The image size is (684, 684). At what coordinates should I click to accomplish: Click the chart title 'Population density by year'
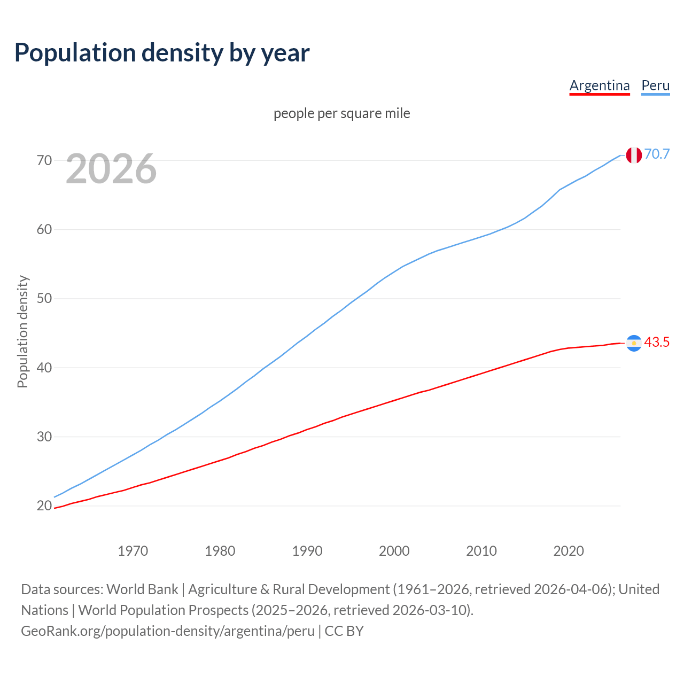click(162, 53)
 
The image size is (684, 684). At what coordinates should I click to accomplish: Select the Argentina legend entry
click(599, 85)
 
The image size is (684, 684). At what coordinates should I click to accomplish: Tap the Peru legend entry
click(655, 85)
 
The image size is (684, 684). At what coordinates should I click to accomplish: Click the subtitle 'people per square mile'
click(341, 113)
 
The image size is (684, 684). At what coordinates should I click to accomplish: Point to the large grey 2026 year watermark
click(111, 169)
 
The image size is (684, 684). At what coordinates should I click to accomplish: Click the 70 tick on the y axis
click(44, 160)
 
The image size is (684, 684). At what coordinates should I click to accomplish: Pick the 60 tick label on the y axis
click(44, 229)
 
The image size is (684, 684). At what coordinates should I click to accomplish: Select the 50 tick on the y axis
click(44, 298)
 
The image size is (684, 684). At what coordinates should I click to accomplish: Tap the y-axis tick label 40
click(44, 368)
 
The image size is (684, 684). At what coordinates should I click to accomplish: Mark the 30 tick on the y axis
click(44, 437)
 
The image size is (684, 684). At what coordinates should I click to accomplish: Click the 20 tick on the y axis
click(44, 506)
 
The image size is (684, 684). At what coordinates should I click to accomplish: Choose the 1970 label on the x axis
click(133, 551)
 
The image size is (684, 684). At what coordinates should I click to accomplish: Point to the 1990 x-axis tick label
click(307, 551)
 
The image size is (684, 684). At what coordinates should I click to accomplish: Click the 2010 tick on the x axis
click(481, 551)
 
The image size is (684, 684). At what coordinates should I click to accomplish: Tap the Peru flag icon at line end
click(634, 155)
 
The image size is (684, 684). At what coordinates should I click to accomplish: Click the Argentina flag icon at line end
click(634, 343)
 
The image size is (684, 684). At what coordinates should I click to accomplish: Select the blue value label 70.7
click(657, 154)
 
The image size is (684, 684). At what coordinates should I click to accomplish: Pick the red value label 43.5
click(657, 343)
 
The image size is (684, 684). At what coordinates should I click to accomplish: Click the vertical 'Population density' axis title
click(22, 331)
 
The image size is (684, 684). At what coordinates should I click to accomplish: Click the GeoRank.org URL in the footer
click(168, 631)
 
